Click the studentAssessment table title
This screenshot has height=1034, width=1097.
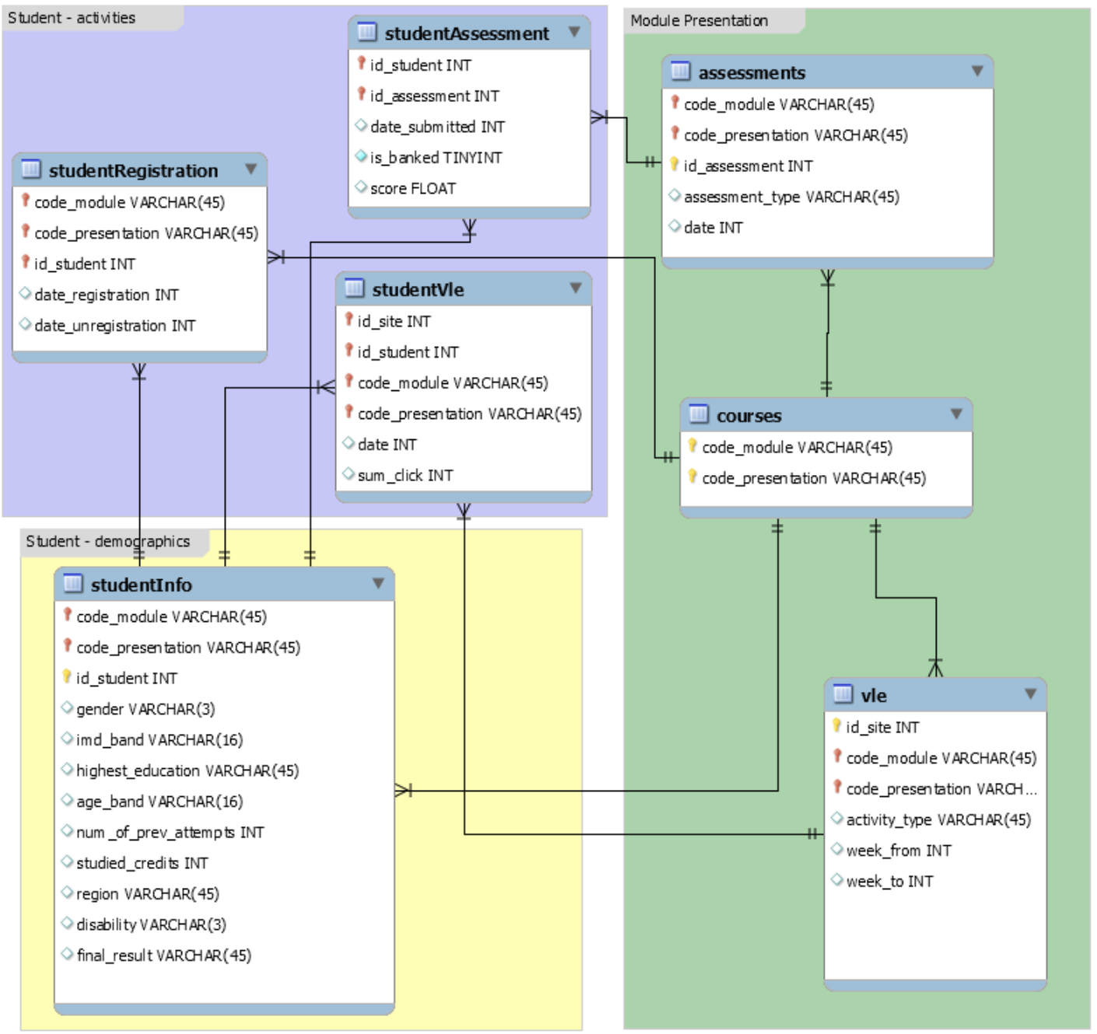[468, 33]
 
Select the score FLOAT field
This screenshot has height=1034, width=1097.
[413, 189]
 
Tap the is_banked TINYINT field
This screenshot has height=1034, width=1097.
[436, 158]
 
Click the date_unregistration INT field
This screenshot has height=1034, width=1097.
[115, 326]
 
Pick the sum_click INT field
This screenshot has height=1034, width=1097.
[405, 475]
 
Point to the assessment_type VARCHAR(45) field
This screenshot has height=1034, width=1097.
[792, 197]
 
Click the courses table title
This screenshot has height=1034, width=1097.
[749, 416]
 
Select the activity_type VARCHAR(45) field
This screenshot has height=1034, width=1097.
[939, 820]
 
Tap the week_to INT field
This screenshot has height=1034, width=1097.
[890, 882]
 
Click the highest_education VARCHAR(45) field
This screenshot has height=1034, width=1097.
[188, 770]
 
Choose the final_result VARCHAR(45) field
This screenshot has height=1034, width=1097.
[164, 955]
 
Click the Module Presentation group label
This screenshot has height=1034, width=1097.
[699, 21]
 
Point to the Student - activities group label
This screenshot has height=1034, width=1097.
[72, 18]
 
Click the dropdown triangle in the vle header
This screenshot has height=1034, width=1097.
[1031, 694]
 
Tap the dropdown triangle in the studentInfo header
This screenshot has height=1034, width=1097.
[378, 584]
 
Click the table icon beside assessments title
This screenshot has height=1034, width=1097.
[681, 72]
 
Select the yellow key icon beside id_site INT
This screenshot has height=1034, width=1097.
[837, 725]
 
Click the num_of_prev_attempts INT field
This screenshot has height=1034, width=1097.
[170, 833]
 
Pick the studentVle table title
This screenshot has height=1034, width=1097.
[418, 290]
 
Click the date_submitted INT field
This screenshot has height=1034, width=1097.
[437, 127]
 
